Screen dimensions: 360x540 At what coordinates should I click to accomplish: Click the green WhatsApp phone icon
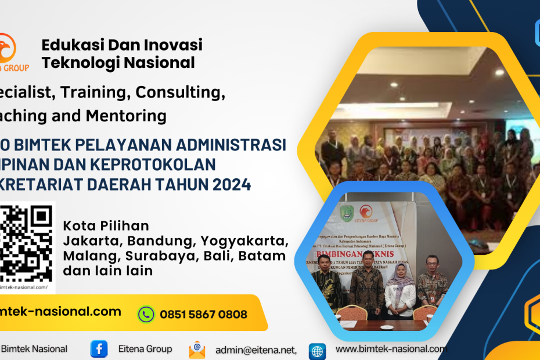146,314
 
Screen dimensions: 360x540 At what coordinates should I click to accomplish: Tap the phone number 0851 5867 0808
203,315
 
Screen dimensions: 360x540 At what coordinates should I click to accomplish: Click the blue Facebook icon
99,349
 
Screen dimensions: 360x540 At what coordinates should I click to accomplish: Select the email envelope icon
197,350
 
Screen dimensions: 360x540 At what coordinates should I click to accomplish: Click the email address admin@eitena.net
256,350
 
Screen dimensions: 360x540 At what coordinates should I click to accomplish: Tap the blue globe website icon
317,351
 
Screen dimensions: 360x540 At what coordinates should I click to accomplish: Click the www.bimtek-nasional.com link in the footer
391,349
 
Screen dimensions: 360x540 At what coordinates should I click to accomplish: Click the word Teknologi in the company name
78,63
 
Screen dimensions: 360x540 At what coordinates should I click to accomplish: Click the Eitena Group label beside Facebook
145,349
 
